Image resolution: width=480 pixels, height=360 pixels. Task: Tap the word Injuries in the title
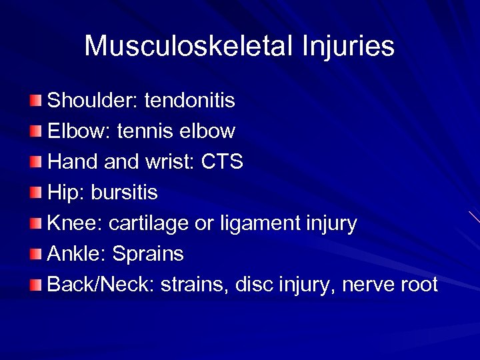click(x=349, y=47)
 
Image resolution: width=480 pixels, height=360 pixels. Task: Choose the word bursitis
click(x=124, y=193)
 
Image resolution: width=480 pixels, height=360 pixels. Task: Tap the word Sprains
click(x=148, y=255)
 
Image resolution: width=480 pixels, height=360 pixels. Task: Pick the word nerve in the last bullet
click(x=367, y=285)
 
